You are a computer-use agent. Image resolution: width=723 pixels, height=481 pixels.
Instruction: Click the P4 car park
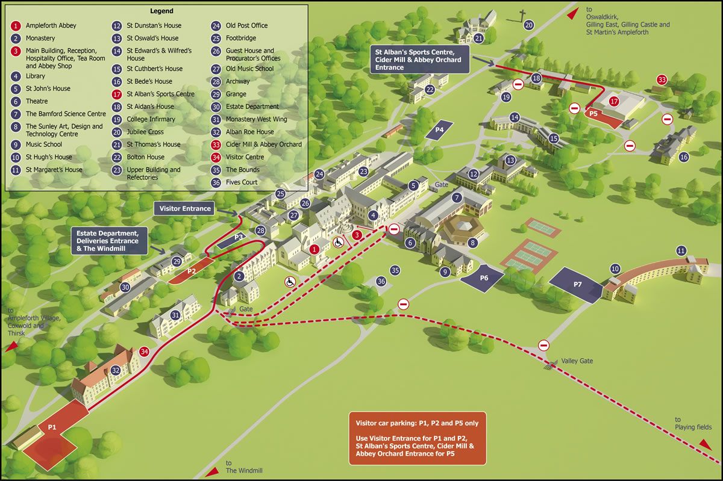pyautogui.click(x=439, y=129)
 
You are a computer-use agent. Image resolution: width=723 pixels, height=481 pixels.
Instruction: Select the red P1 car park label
pyautogui.click(x=52, y=427)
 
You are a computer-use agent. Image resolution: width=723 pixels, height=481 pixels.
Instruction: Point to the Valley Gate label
pyautogui.click(x=577, y=361)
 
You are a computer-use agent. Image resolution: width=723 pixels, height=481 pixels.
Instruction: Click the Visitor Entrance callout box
pyautogui.click(x=185, y=208)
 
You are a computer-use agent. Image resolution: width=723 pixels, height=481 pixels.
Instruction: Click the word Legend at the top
pyautogui.click(x=160, y=11)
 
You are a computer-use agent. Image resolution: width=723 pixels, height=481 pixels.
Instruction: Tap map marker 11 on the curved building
pyautogui.click(x=681, y=250)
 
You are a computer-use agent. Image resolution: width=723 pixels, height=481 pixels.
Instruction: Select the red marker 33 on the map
pyautogui.click(x=662, y=79)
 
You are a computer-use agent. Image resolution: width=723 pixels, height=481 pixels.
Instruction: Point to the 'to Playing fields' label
pyautogui.click(x=686, y=424)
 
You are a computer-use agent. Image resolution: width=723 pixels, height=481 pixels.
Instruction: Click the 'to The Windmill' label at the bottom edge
pyautogui.click(x=244, y=467)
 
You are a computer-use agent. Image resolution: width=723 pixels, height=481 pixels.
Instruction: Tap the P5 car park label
pyautogui.click(x=593, y=113)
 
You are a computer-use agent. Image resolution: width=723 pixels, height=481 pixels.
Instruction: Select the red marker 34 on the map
pyautogui.click(x=144, y=352)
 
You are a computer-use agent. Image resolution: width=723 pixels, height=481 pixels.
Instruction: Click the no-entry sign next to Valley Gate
pyautogui.click(x=543, y=345)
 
